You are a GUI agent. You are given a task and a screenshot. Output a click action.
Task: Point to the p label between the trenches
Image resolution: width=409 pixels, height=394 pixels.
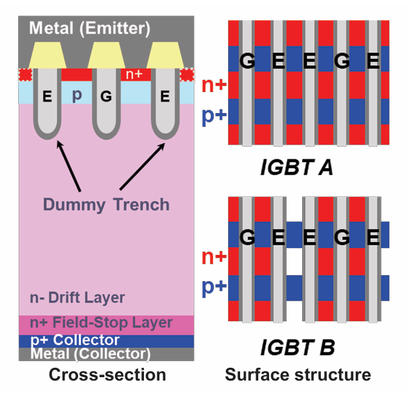[x=77, y=95]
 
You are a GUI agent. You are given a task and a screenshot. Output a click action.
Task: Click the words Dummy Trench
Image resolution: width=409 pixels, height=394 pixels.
[x=106, y=203]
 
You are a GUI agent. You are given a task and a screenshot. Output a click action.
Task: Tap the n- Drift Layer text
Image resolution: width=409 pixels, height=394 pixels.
[x=76, y=297]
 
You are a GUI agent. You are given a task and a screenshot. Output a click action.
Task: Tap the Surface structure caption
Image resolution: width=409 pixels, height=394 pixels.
[x=297, y=375]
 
